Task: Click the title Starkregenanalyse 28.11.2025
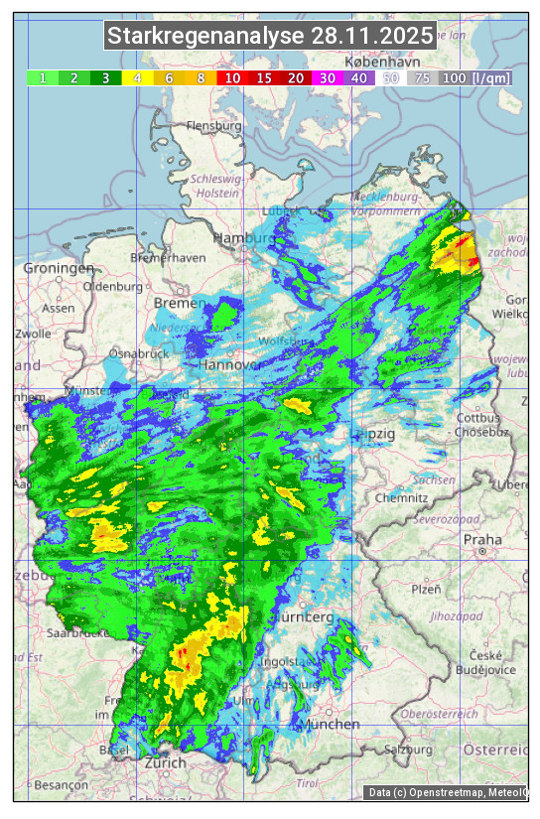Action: pos(270,37)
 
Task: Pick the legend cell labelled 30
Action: pos(326,77)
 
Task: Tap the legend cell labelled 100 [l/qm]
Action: pos(476,77)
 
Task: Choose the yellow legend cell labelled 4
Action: pos(138,77)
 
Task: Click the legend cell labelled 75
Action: pos(422,77)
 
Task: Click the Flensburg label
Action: pos(213,127)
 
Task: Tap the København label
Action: pos(370,62)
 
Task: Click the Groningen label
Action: pos(59,268)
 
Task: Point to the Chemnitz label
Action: pos(401,497)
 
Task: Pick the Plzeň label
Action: pos(426,589)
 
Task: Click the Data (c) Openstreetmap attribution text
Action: pos(447,792)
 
